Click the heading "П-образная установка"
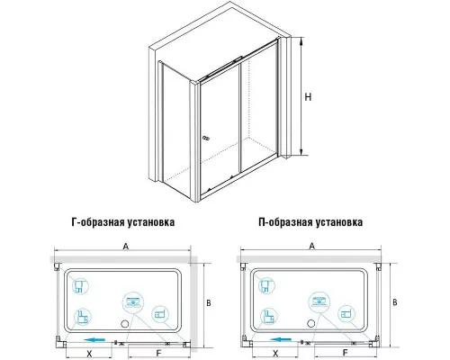[x=311, y=221]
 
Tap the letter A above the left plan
[x=125, y=244]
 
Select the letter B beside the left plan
[x=208, y=302]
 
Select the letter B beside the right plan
[x=395, y=302]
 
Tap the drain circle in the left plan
[x=125, y=321]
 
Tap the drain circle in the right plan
[x=312, y=321]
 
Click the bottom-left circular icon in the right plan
[x=268, y=315]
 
